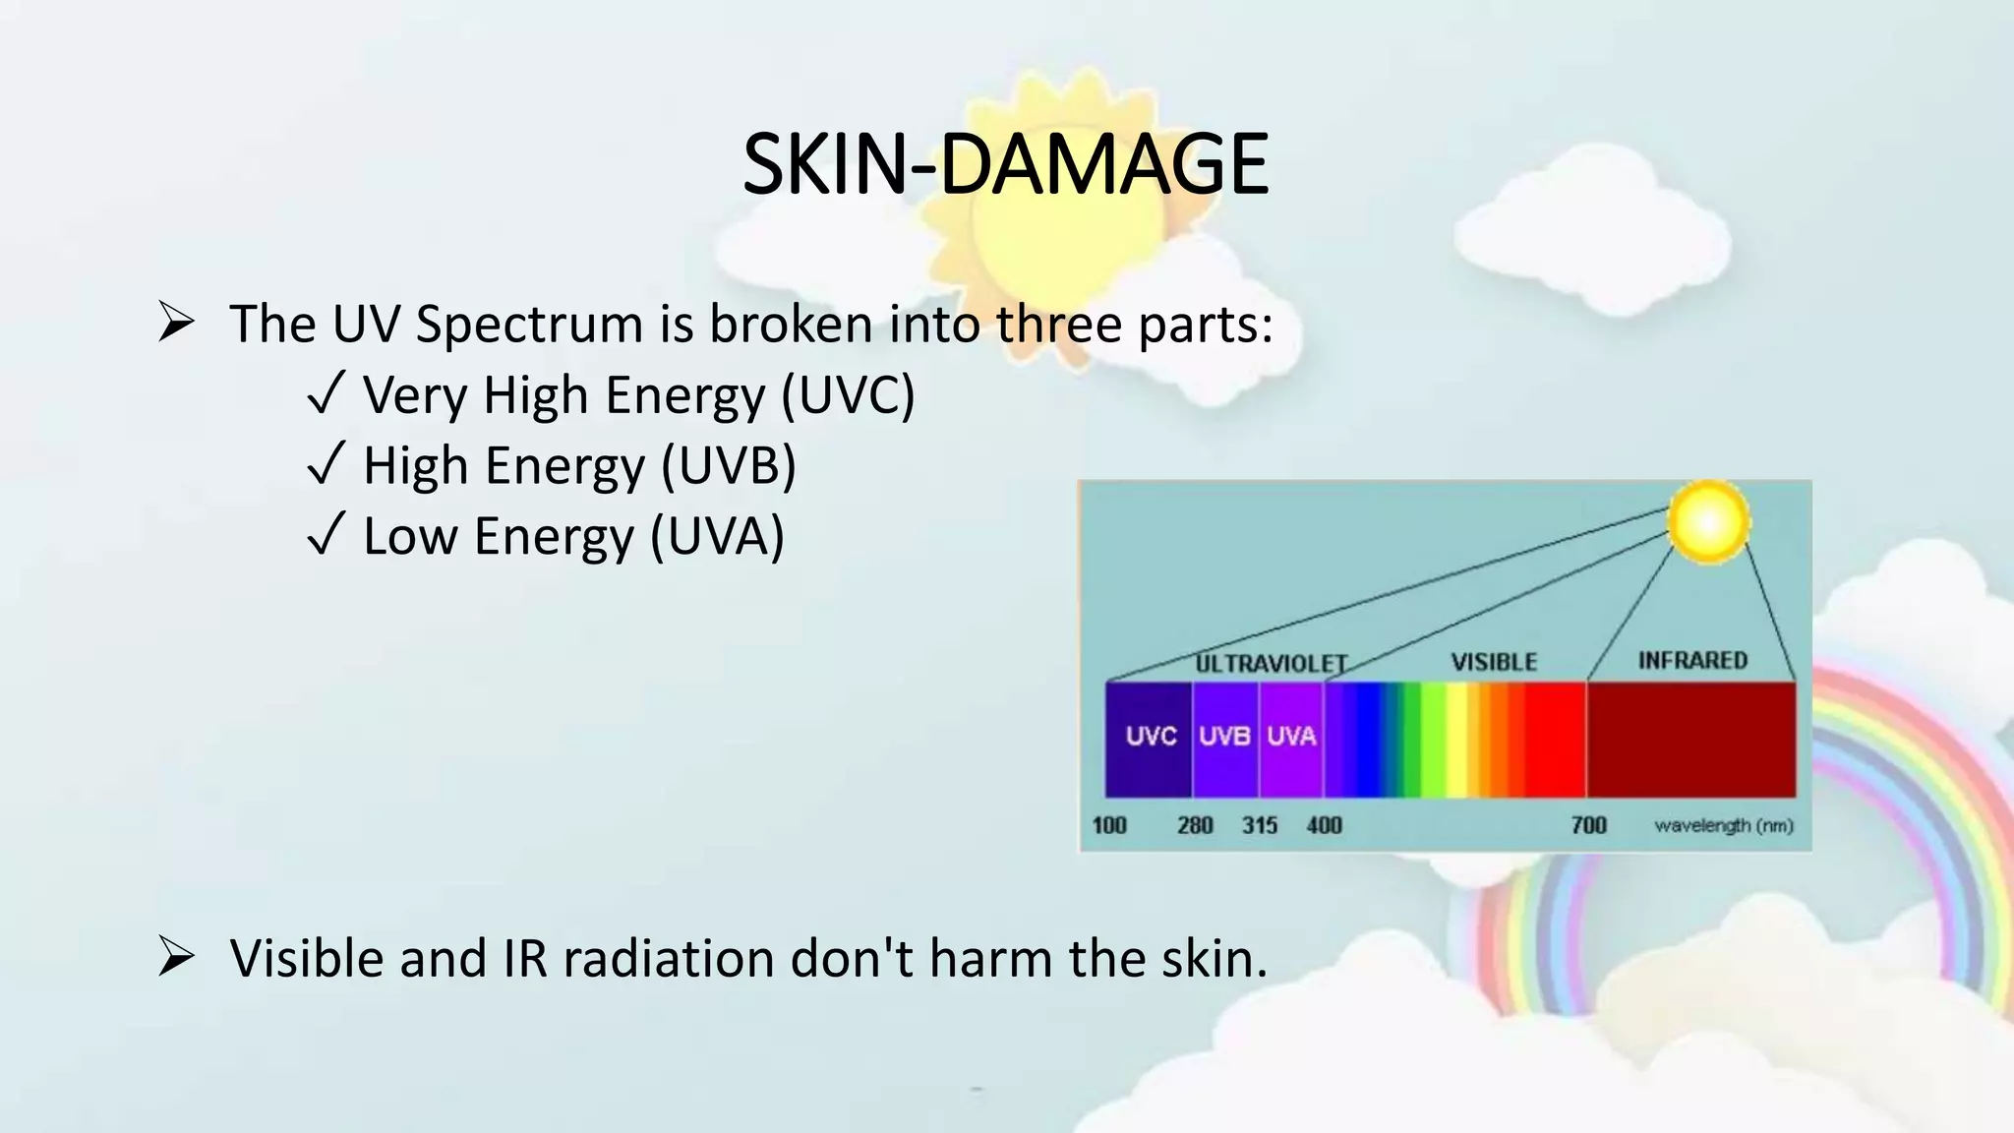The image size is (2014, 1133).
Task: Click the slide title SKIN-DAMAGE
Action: point(1005,164)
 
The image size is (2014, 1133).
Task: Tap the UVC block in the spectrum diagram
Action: point(1149,738)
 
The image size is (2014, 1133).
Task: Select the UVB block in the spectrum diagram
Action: point(1224,738)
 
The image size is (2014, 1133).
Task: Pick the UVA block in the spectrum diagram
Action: point(1291,738)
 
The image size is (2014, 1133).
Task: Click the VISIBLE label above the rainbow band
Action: point(1494,662)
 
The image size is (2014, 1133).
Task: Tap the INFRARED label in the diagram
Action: point(1692,661)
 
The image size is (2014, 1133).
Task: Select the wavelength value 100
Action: point(1109,825)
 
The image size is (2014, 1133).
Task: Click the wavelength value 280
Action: point(1195,825)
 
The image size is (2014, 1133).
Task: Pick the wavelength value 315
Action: point(1260,825)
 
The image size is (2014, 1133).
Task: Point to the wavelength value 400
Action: point(1324,825)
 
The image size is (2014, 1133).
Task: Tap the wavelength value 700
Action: point(1589,825)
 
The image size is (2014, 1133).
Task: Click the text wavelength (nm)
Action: point(1724,826)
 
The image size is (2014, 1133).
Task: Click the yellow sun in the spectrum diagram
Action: point(1709,522)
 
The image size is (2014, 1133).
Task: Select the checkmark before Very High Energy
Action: point(326,394)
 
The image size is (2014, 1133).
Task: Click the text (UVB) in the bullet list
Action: point(728,466)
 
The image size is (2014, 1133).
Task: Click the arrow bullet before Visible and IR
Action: point(176,957)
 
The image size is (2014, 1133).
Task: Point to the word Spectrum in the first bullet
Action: point(529,325)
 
